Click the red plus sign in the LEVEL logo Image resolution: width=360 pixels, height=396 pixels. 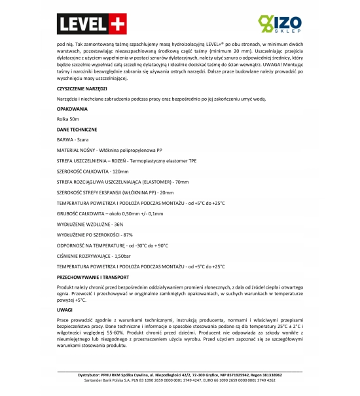(x=113, y=24)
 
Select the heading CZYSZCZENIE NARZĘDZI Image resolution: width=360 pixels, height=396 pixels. (x=82, y=88)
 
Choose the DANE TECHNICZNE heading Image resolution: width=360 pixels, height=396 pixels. (x=77, y=130)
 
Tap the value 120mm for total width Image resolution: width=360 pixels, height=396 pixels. (x=120, y=171)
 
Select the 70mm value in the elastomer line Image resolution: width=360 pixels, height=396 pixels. (x=182, y=181)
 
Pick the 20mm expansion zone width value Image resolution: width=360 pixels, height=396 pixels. (x=167, y=192)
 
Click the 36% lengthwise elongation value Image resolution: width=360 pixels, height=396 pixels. (x=118, y=224)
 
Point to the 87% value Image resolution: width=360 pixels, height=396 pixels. (x=128, y=234)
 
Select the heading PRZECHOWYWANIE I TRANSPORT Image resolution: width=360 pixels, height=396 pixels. (x=93, y=278)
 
